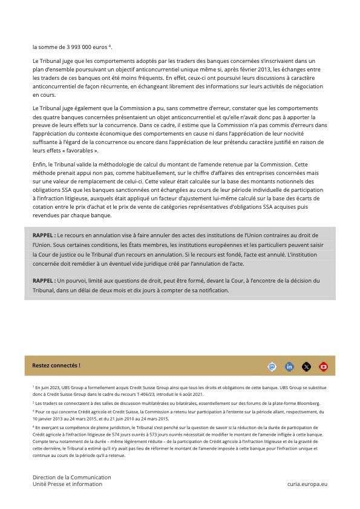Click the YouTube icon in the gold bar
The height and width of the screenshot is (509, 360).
(323, 366)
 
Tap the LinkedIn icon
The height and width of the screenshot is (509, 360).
(289, 366)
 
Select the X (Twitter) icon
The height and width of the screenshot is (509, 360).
(306, 366)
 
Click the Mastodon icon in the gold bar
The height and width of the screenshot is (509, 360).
(272, 366)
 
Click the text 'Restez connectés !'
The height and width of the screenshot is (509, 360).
(56, 366)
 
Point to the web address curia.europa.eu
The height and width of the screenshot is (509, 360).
(307, 484)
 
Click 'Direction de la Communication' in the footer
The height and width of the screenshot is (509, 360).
(72, 478)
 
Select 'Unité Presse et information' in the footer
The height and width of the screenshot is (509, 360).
(67, 484)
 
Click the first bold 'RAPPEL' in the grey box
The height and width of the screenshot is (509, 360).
(44, 234)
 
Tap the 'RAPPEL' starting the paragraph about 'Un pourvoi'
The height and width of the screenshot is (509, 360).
(44, 281)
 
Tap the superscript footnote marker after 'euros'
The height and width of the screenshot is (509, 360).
(110, 45)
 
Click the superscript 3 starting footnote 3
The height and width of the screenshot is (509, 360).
(33, 410)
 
